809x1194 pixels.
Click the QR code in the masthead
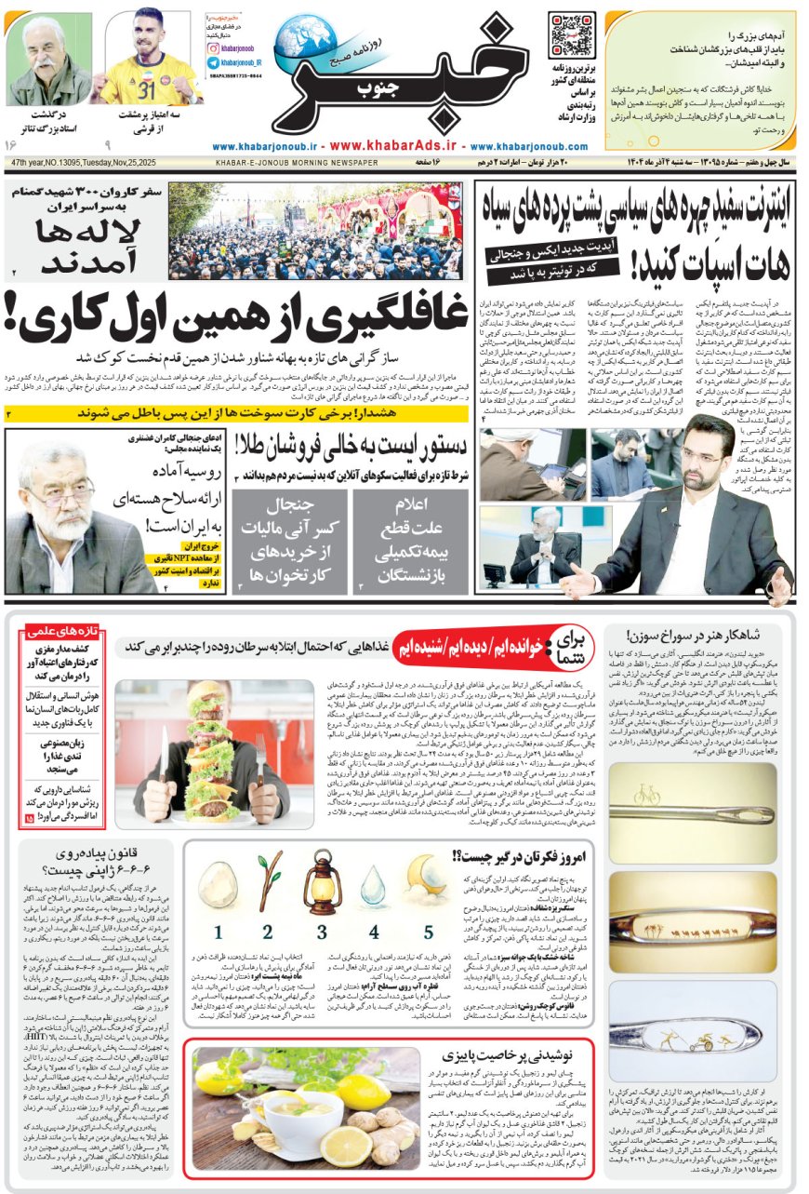coord(572,34)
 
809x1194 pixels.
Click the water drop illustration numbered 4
coord(374,890)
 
